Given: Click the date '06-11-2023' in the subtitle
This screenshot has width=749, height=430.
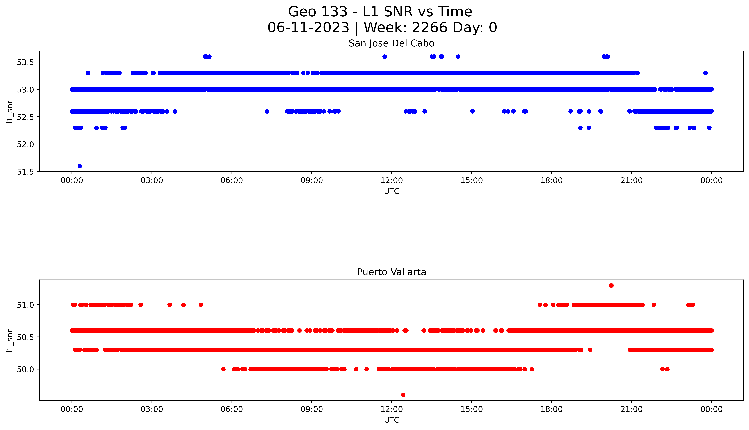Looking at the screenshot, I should (x=308, y=28).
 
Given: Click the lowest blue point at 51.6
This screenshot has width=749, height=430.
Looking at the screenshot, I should (x=79, y=166).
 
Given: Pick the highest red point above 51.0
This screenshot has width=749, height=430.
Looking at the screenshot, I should (x=611, y=285).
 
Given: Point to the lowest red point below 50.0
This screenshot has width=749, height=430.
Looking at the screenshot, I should (x=403, y=395).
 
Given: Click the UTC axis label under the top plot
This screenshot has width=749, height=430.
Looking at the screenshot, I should (x=391, y=191).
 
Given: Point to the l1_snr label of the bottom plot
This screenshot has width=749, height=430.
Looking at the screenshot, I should (x=10, y=341).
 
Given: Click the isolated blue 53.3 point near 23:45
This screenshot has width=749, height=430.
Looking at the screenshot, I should (x=705, y=73).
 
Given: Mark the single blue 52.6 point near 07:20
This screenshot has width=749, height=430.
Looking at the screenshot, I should (x=267, y=111).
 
